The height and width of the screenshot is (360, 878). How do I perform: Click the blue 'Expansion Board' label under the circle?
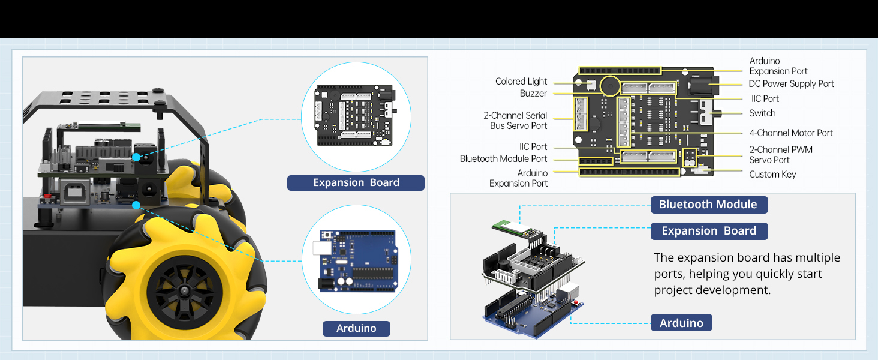(x=356, y=183)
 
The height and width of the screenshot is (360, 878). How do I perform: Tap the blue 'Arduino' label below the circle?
(x=356, y=328)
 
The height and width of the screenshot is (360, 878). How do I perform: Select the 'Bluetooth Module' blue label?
(x=708, y=205)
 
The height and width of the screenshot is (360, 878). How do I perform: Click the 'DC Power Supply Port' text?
(x=791, y=84)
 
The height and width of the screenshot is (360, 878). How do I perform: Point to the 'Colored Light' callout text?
(x=521, y=82)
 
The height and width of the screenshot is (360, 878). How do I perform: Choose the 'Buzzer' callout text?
(x=533, y=94)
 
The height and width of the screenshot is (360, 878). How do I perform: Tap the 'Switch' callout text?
(x=762, y=113)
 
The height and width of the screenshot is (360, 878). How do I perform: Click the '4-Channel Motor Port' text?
(x=791, y=133)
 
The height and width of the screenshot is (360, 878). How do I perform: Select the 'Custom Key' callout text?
(x=772, y=175)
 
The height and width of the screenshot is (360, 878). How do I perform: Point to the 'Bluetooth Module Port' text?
(x=503, y=159)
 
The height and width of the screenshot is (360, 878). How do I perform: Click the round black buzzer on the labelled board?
(x=610, y=86)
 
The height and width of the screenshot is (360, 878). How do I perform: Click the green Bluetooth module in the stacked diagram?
(x=513, y=226)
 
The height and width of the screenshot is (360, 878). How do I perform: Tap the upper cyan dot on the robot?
(x=136, y=157)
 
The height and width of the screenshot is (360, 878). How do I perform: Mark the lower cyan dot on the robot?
(x=136, y=205)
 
